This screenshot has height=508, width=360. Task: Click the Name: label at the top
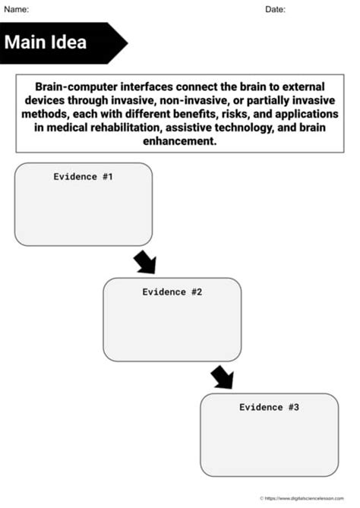[x=17, y=9]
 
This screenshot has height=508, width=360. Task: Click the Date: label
[x=275, y=9]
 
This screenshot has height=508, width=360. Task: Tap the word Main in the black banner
[x=27, y=42]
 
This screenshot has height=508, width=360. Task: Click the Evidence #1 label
[x=83, y=176]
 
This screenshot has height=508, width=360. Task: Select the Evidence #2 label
[x=172, y=292]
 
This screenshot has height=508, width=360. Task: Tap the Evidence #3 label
[x=269, y=407]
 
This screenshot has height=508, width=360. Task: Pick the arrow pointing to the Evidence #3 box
[x=222, y=377]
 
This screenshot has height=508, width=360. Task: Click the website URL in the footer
[x=308, y=498]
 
